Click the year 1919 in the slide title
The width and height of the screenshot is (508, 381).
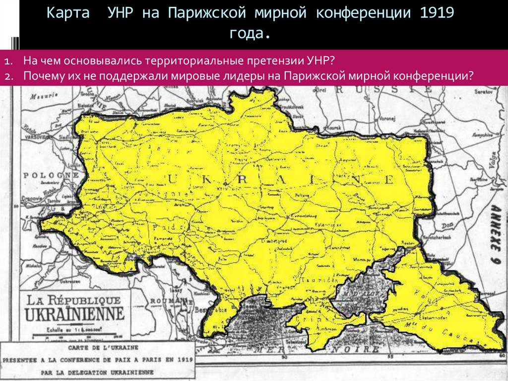point(437,13)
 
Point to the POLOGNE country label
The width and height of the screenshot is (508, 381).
point(44,176)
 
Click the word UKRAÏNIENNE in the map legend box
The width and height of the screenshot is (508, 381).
point(75,314)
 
